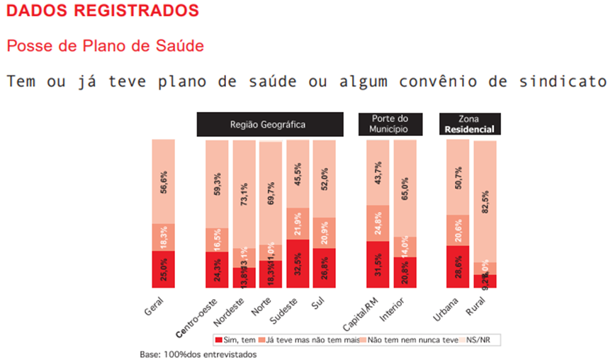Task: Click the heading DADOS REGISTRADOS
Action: [102, 11]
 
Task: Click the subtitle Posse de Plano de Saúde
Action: [105, 46]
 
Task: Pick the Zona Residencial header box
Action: [470, 124]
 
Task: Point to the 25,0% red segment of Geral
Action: [164, 269]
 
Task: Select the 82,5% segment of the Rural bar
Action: [485, 202]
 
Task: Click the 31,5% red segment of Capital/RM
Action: [377, 264]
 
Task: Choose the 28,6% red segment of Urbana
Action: [458, 266]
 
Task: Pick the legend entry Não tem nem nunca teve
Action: [408, 341]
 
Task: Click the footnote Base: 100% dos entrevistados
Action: [198, 354]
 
